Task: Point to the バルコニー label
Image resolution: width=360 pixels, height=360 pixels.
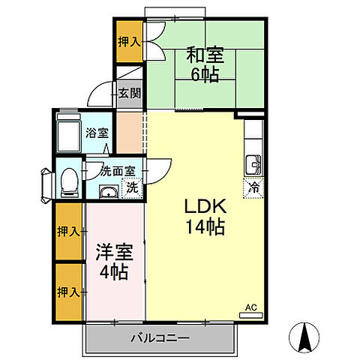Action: tap(162, 338)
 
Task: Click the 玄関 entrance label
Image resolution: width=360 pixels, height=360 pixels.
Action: tap(128, 94)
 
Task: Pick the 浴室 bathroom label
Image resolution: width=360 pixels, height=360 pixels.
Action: tap(96, 133)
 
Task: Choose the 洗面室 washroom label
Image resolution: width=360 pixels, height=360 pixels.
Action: tap(115, 169)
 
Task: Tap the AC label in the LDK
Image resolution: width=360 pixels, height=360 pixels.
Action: tap(251, 307)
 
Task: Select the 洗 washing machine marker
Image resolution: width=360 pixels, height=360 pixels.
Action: tap(132, 187)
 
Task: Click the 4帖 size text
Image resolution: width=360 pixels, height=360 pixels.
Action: tap(114, 271)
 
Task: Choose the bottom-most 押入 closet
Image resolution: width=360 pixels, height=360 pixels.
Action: tap(69, 291)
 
